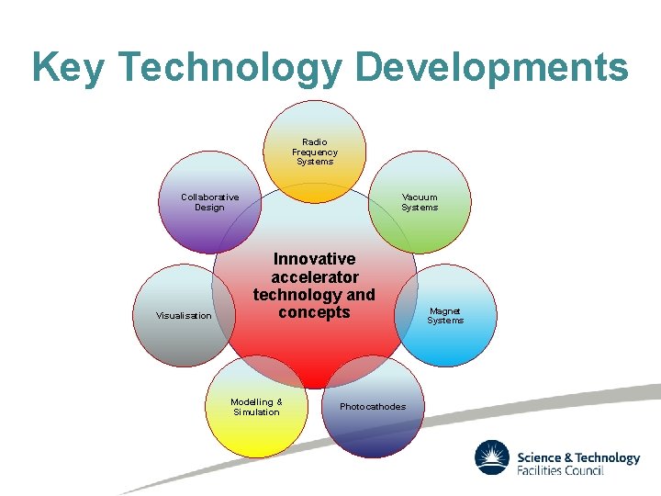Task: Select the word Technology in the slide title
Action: click(230, 68)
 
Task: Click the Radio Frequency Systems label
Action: click(315, 152)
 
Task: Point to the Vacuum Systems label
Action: click(420, 202)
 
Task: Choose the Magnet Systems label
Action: click(445, 316)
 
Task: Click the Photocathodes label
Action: click(372, 407)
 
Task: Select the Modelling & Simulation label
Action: click(256, 407)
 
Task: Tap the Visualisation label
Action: click(184, 316)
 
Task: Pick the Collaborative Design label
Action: click(209, 202)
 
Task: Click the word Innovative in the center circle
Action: click(314, 259)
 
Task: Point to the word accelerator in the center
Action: click(314, 276)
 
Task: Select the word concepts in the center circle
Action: click(314, 312)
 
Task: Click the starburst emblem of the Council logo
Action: click(492, 458)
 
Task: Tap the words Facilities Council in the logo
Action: click(560, 470)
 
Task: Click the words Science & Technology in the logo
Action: click(578, 457)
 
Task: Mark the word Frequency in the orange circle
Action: click(315, 152)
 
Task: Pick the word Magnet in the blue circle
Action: click(445, 311)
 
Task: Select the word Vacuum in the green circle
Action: click(420, 197)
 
